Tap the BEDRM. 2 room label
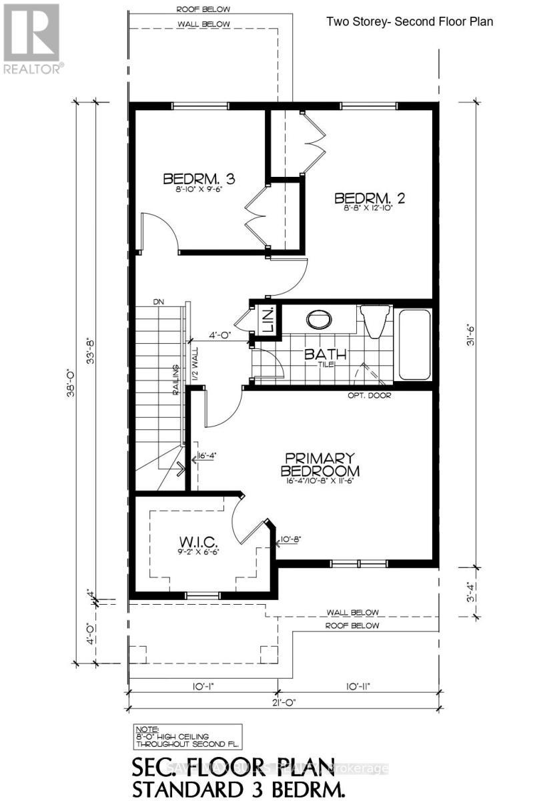coord(370,198)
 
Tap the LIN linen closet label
coord(265,322)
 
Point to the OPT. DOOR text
coord(368,395)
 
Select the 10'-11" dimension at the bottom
coord(359,686)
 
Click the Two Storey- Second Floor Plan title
coord(410,21)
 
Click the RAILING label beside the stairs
coord(175,381)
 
